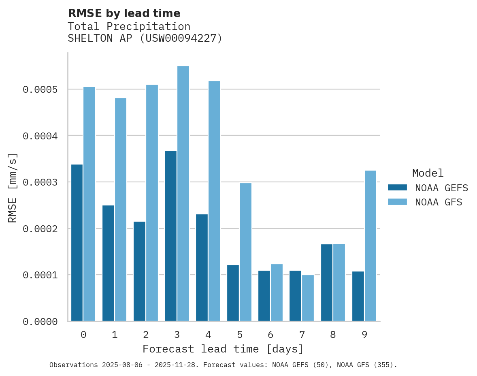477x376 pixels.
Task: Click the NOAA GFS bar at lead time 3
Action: tap(183, 194)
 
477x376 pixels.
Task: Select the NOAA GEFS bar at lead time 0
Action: tap(77, 243)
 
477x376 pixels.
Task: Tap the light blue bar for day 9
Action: tap(371, 246)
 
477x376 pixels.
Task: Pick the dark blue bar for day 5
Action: tap(233, 293)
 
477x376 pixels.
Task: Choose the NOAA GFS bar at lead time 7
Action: tap(308, 298)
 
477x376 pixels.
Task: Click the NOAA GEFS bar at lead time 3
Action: tap(170, 236)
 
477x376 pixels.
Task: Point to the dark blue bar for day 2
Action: tap(139, 271)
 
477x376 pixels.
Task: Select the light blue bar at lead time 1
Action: tap(121, 209)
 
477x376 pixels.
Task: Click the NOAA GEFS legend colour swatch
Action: tap(397, 188)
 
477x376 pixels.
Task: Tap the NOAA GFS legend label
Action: tap(438, 202)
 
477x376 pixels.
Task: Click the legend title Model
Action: tap(428, 173)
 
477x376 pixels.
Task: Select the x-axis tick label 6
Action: tap(270, 335)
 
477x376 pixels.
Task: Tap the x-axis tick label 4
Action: tap(208, 335)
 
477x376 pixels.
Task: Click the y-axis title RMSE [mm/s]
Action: tap(13, 188)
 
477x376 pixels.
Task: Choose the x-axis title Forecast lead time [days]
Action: tap(223, 349)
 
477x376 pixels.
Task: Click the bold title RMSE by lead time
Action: tap(124, 13)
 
